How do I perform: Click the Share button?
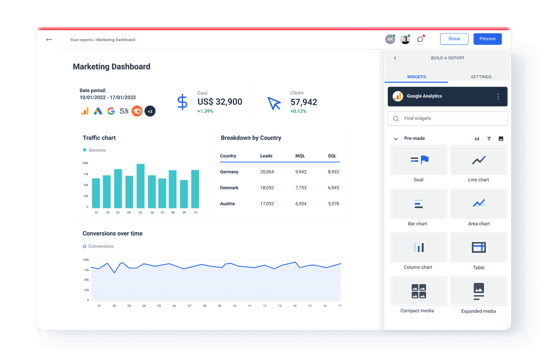click(454, 39)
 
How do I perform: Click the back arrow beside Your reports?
click(49, 40)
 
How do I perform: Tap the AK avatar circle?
click(390, 40)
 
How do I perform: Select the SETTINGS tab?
click(481, 77)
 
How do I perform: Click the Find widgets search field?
click(447, 119)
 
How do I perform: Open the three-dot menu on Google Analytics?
click(498, 97)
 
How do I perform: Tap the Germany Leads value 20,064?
click(267, 172)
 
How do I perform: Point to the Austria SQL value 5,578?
click(333, 204)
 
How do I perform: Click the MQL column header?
click(300, 156)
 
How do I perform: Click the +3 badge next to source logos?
click(150, 111)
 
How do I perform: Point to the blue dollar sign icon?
click(182, 103)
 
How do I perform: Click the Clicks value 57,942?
click(304, 102)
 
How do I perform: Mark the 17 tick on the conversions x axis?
click(339, 306)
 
